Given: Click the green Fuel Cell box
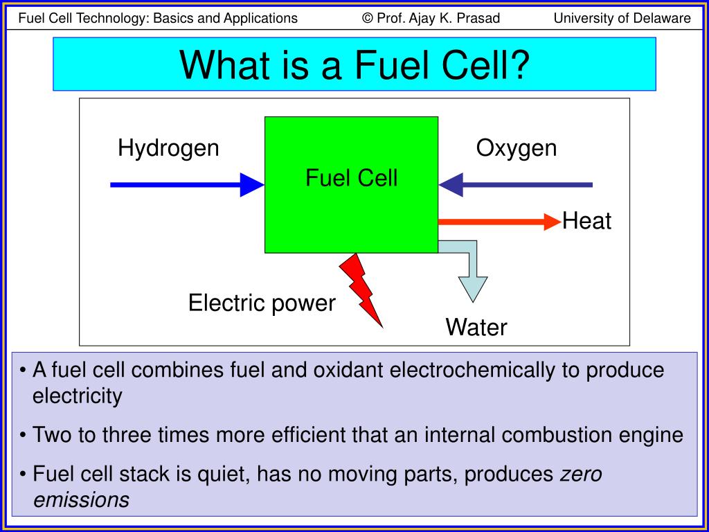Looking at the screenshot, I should point(351,208).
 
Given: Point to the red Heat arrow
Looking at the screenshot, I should point(499,222).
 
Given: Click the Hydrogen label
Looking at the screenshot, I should point(168,148).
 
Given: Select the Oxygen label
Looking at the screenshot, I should point(516,148).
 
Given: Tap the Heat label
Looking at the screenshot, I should point(586,222).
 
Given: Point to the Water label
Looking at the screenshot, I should point(476,327).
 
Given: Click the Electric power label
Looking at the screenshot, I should point(262,303).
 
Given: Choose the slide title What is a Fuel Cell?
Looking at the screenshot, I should point(354,64).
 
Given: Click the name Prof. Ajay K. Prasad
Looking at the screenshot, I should point(438,18).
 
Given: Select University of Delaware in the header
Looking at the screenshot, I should point(622,18).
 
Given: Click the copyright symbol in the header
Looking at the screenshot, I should point(368,18).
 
